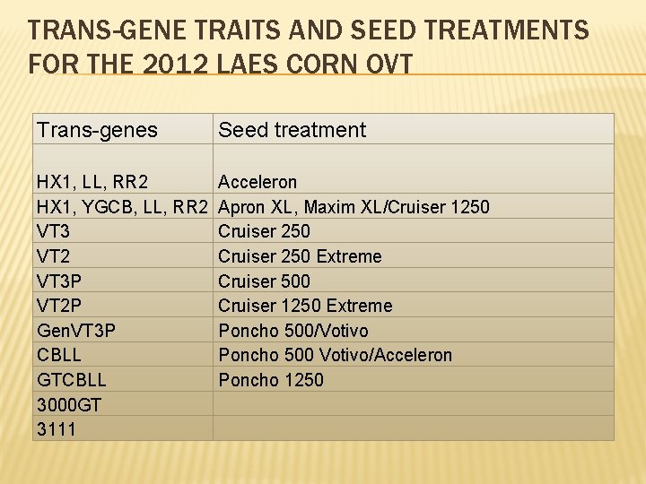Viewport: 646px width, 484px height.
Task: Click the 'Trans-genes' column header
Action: click(97, 130)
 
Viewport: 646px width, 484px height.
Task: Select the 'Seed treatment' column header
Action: click(292, 130)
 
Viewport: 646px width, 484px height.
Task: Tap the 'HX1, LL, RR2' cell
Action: click(92, 182)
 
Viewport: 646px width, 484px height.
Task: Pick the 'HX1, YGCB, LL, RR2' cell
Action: click(122, 207)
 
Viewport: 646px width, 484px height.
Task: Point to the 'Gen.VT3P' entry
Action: click(76, 330)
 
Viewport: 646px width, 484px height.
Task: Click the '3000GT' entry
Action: click(69, 404)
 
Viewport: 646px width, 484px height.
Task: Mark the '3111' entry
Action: click(57, 429)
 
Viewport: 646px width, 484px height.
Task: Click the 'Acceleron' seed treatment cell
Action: click(258, 182)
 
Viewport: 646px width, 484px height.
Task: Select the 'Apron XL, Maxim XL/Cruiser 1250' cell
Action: click(354, 207)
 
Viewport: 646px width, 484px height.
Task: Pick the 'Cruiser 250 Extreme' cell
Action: click(300, 256)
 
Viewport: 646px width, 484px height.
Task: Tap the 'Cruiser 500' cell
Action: click(264, 281)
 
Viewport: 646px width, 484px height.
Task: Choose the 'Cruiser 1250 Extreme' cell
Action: click(305, 306)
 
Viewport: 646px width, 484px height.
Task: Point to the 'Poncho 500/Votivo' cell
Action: click(292, 330)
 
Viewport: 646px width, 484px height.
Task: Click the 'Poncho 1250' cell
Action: click(271, 380)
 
